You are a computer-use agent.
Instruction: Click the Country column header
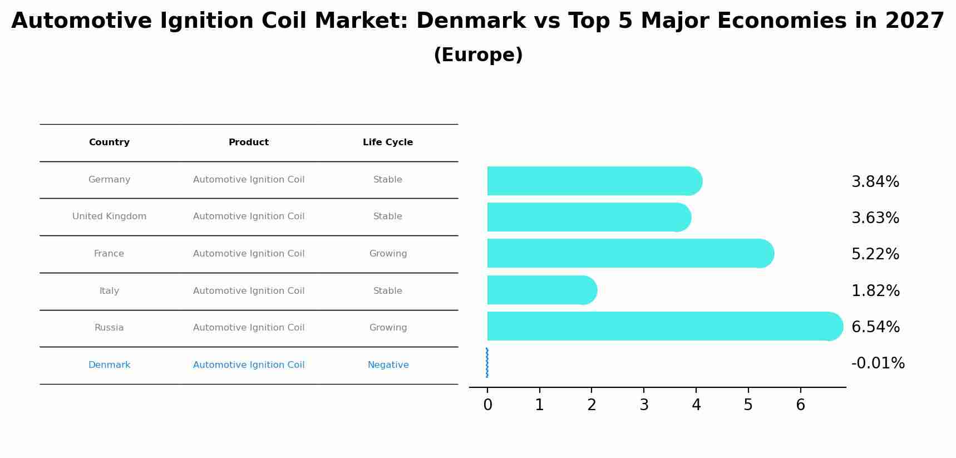[x=109, y=142]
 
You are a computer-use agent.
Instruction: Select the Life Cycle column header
[x=388, y=142]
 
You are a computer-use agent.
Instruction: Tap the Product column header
[x=249, y=142]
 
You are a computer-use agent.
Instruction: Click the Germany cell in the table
[x=109, y=180]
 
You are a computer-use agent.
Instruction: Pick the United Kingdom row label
[x=109, y=216]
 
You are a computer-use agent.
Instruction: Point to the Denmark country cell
[x=109, y=365]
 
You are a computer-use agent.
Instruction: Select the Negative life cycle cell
[x=388, y=365]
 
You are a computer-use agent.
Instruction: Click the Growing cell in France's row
[x=388, y=254]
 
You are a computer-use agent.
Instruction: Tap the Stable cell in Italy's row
[x=388, y=291]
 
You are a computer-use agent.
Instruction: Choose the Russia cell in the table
[x=109, y=328]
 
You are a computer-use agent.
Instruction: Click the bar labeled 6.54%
[x=662, y=326]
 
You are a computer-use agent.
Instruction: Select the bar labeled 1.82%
[x=540, y=290]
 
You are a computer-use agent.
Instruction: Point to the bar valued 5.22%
[x=629, y=253]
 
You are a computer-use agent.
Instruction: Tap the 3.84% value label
[x=875, y=182]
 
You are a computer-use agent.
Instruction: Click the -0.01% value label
[x=878, y=363]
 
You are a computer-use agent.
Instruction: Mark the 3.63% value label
[x=875, y=218]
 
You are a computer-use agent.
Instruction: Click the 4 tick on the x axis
[x=696, y=405]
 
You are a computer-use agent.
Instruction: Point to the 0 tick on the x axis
[x=487, y=405]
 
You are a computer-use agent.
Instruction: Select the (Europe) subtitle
[x=478, y=55]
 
